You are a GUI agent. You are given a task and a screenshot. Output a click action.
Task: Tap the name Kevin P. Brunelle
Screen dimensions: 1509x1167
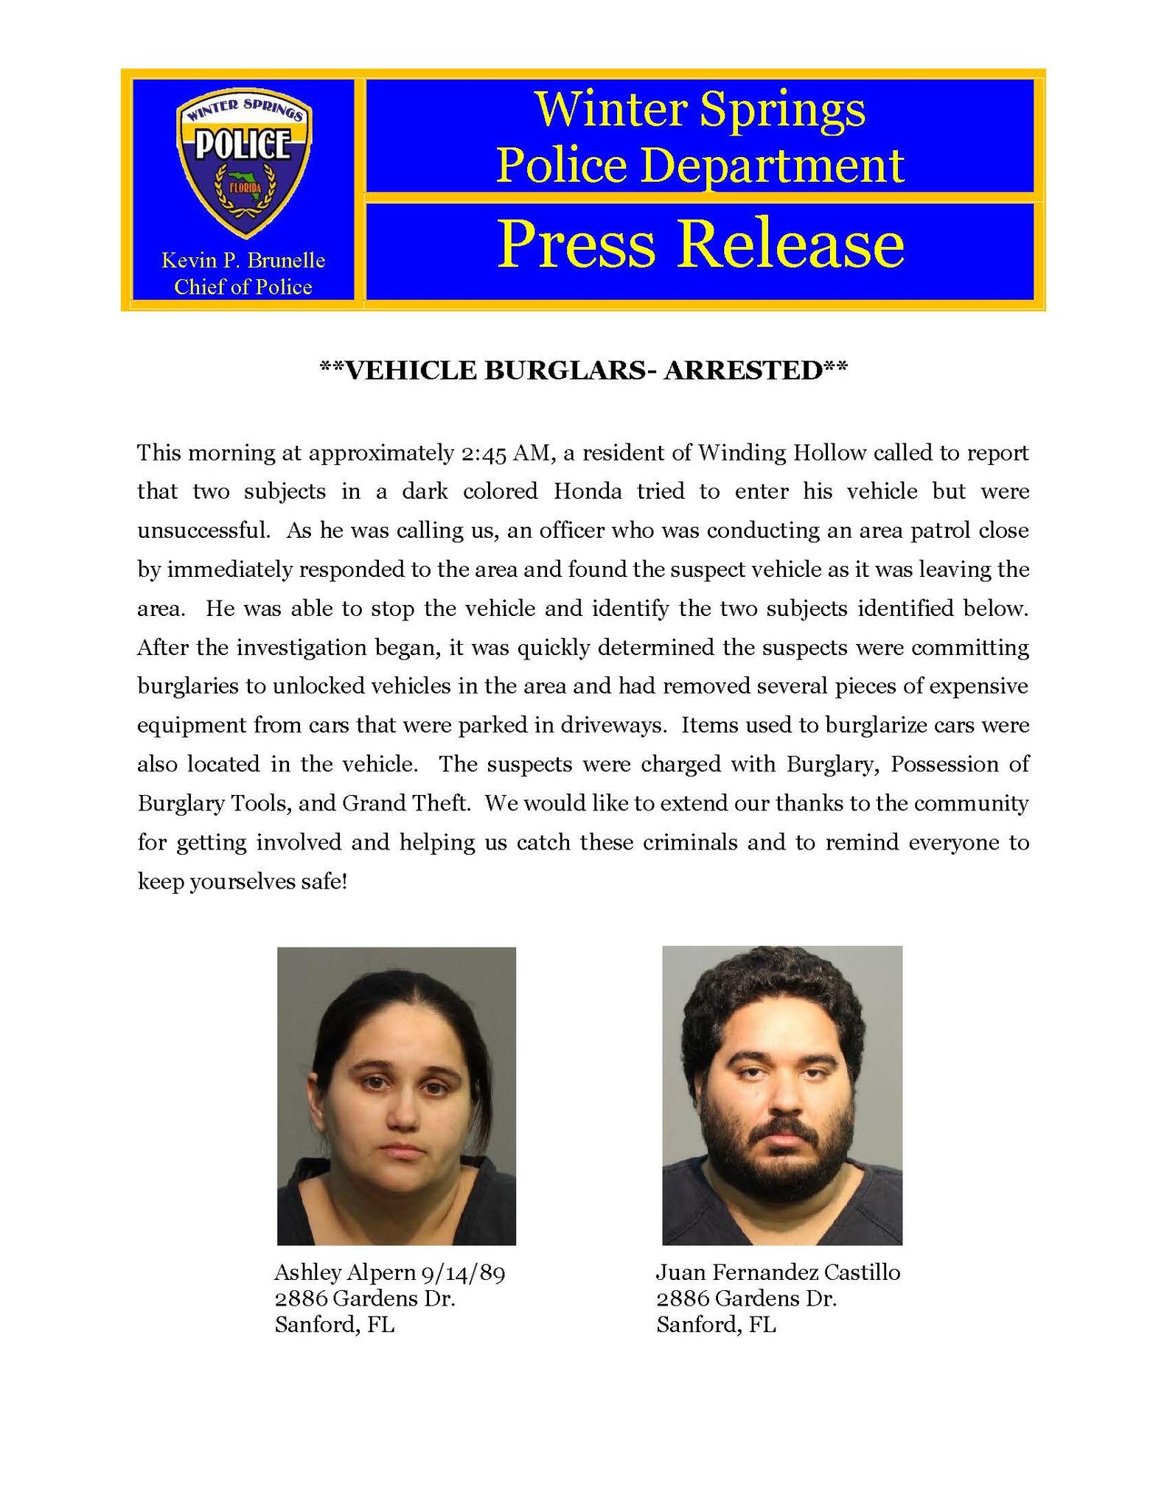[x=243, y=260]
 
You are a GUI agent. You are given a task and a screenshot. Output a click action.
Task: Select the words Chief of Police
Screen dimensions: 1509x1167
[x=243, y=287]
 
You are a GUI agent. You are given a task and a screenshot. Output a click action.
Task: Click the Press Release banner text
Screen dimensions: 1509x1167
[x=700, y=245]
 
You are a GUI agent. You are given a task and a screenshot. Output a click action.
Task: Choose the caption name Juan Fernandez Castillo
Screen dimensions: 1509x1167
[x=778, y=1272]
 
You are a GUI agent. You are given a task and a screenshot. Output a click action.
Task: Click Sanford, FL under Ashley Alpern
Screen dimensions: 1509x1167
[x=335, y=1325]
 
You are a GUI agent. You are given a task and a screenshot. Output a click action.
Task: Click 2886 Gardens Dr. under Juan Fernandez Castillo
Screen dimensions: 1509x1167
[x=747, y=1298]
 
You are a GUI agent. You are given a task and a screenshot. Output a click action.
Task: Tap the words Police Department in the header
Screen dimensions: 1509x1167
[x=700, y=165]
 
